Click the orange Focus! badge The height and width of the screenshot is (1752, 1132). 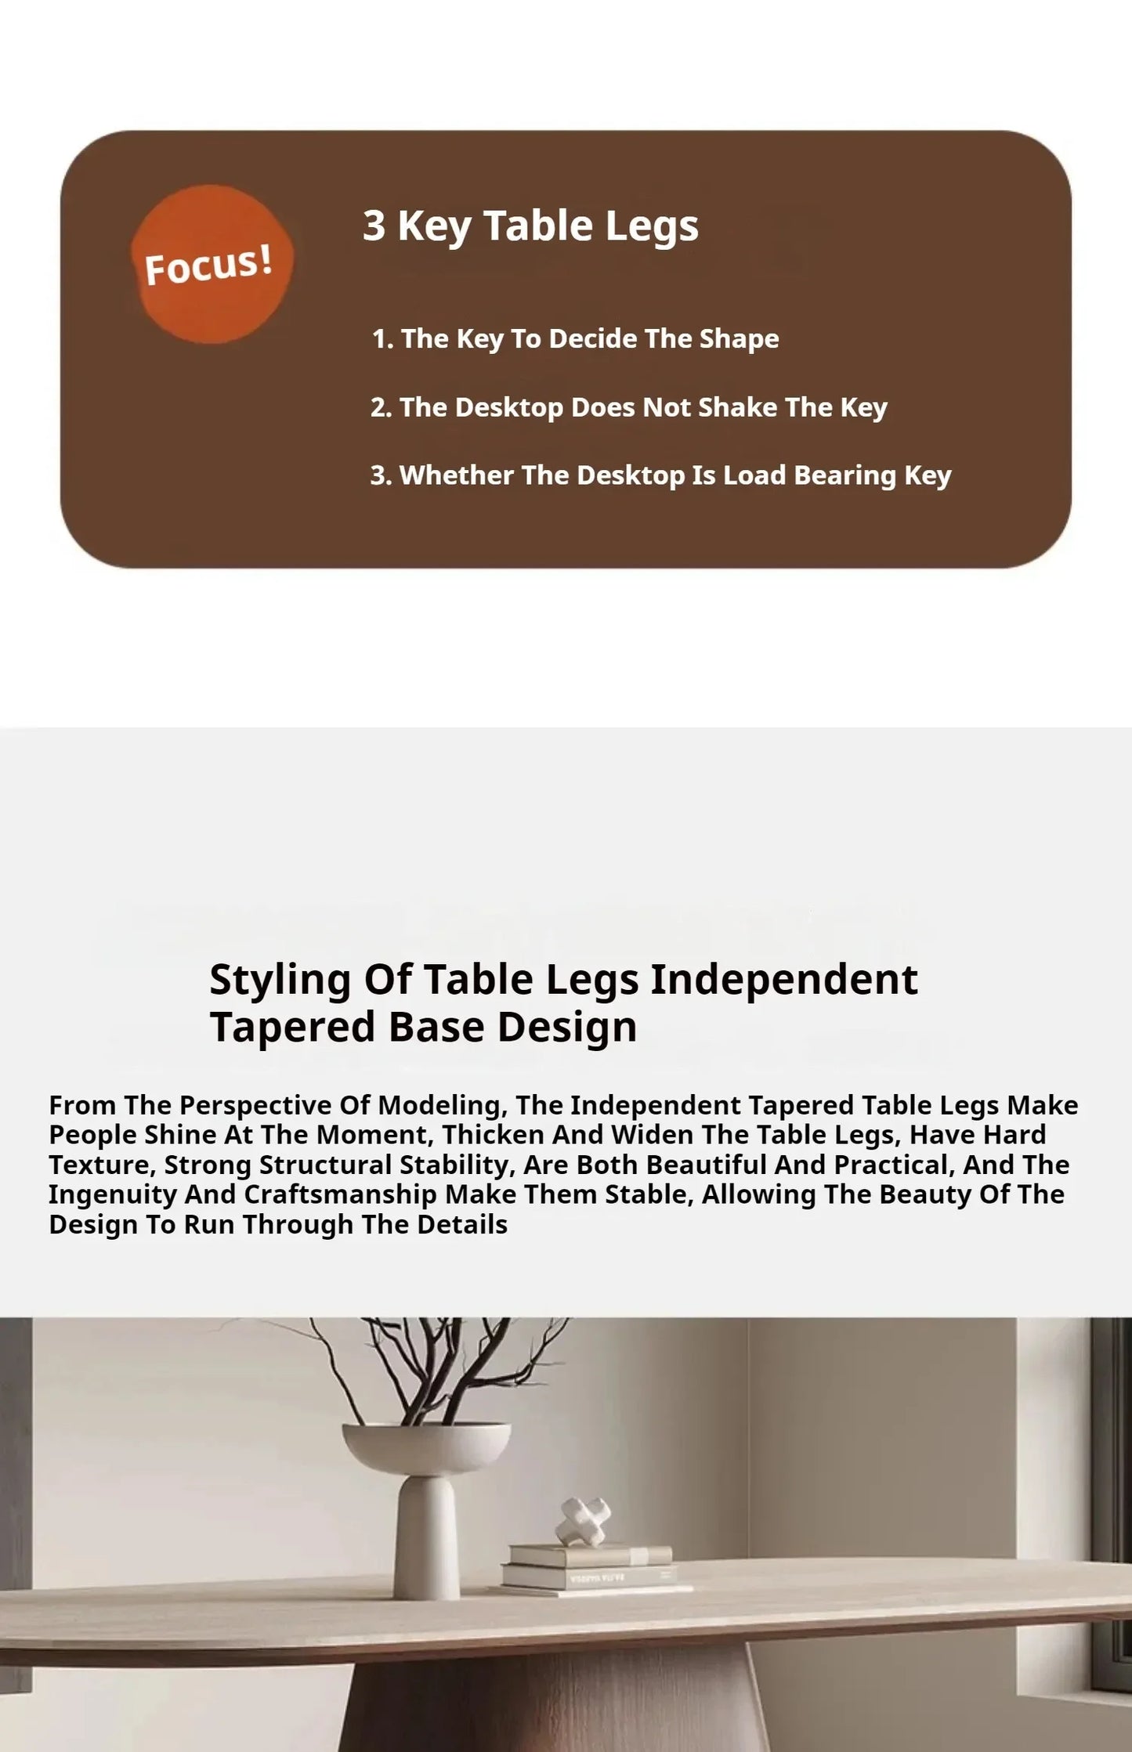point(212,264)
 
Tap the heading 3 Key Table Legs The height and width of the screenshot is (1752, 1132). point(530,226)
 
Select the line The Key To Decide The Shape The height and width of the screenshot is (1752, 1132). point(576,339)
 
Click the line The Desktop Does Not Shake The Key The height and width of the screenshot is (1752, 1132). point(629,407)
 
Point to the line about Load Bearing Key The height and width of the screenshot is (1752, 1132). point(660,475)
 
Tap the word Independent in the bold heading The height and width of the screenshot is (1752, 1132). point(784,979)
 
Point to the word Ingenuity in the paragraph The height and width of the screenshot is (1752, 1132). point(114,1194)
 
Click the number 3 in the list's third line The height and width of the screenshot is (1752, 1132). point(378,475)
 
